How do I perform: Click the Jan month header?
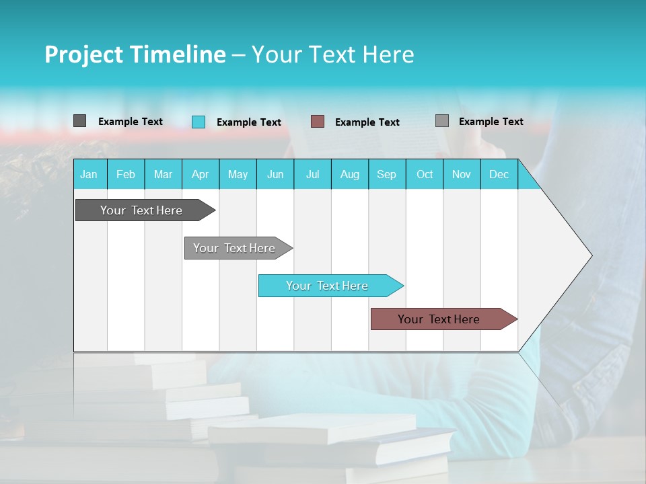click(89, 175)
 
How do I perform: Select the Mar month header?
click(163, 175)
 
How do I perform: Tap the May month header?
click(238, 175)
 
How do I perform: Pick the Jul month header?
click(312, 175)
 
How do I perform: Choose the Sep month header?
click(386, 175)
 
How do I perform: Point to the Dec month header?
click(499, 175)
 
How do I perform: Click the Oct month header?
click(425, 175)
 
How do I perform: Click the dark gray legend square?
click(79, 121)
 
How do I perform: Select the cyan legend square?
click(199, 122)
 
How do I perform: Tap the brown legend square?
click(318, 121)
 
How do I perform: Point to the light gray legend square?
click(442, 121)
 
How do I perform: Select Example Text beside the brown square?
click(367, 122)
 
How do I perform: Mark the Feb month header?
click(126, 175)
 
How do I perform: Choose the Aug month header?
click(349, 175)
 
